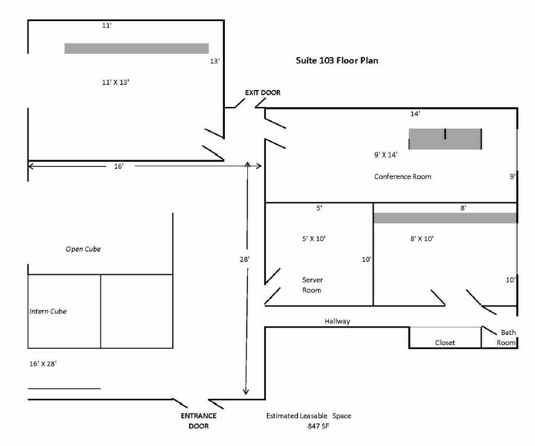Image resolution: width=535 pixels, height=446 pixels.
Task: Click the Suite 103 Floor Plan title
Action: coord(337,60)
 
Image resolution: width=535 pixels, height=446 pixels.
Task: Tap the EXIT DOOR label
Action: coord(262,92)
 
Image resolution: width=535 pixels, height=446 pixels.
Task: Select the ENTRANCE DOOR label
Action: coord(198,421)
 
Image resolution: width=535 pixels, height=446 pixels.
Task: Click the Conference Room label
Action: coord(403,176)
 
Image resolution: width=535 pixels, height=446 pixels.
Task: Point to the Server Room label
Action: coord(311,285)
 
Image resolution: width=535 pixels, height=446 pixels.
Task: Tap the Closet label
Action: coord(445,343)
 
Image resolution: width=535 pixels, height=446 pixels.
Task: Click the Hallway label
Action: coord(337,322)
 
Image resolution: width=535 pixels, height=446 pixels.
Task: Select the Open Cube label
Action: coord(83,249)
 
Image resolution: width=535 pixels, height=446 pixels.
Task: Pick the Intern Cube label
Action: coord(48,311)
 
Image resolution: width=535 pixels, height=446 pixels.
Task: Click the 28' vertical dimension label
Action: coord(244,259)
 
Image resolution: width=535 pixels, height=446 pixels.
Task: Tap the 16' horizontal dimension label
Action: coord(118,166)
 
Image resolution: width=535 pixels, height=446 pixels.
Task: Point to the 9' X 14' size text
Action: coord(386,154)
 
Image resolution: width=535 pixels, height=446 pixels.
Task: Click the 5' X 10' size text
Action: coord(313,239)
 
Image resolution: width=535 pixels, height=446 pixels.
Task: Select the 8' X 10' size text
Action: coord(422,239)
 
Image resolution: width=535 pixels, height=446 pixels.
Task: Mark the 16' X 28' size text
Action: coord(46,364)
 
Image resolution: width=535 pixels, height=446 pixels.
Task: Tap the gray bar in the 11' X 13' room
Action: coord(137,48)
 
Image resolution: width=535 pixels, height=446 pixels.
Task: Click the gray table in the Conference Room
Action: coord(445,139)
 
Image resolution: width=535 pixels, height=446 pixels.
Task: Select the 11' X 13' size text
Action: coord(117,81)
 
